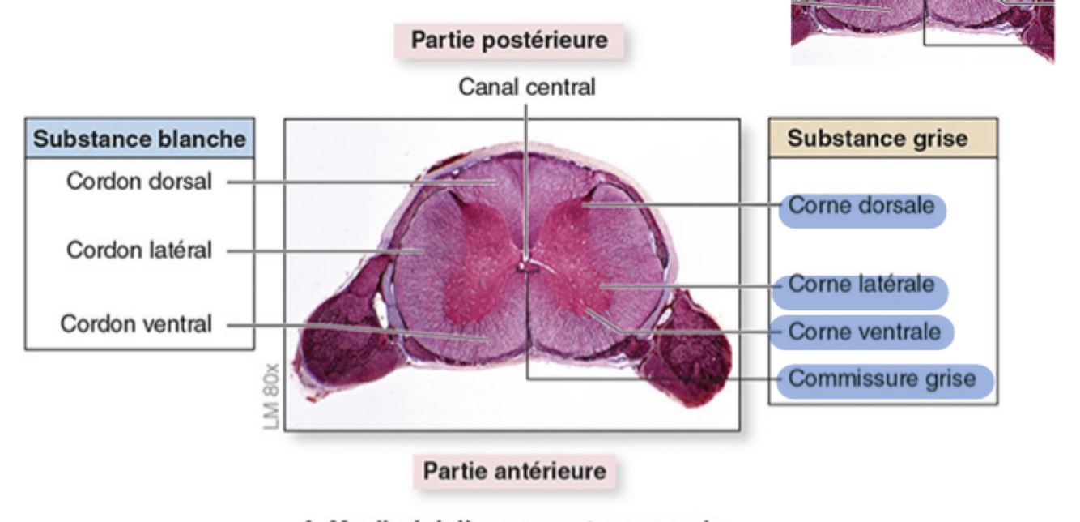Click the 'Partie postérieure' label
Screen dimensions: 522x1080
pos(509,40)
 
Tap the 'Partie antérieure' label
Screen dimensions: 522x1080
pos(514,471)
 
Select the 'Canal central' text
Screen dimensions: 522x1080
pos(526,87)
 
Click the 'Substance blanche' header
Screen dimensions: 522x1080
pos(140,139)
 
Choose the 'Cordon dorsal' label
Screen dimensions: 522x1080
pos(139,182)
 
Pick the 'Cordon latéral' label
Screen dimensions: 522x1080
pos(139,250)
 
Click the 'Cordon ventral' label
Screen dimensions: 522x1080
pos(137,325)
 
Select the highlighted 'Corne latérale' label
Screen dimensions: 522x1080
pos(861,285)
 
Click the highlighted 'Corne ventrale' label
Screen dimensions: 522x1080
pos(864,332)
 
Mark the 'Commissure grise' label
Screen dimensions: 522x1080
pos(882,379)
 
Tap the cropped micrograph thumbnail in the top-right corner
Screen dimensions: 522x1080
pos(922,30)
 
